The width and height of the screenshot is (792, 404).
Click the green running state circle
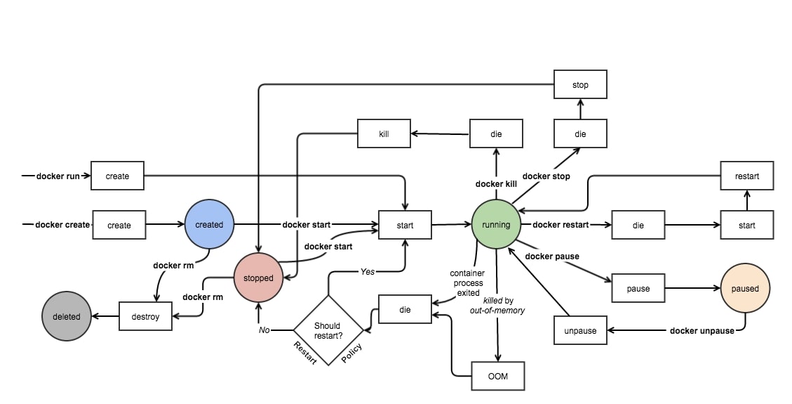click(x=497, y=225)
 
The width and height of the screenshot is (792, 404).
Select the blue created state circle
click(x=209, y=225)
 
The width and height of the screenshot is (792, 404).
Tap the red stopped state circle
click(x=258, y=278)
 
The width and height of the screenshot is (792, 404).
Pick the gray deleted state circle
click(x=67, y=316)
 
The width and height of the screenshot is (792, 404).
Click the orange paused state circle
click(x=746, y=288)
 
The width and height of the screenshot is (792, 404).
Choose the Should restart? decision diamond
click(x=328, y=330)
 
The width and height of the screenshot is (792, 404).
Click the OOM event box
click(x=497, y=376)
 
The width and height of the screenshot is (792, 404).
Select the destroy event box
click(x=145, y=316)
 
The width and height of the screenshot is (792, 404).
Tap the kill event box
click(x=384, y=133)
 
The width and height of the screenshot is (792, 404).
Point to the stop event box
click(x=580, y=85)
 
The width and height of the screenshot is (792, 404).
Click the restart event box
click(x=747, y=176)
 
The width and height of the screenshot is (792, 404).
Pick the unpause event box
click(x=580, y=330)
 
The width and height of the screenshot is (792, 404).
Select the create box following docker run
click(x=117, y=176)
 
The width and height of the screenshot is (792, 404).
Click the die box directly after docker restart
click(x=638, y=225)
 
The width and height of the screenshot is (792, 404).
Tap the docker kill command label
click(x=496, y=184)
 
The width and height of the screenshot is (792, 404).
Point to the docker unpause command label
click(x=702, y=330)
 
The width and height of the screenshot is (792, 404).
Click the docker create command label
click(x=62, y=225)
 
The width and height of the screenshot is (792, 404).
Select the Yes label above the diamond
click(x=368, y=271)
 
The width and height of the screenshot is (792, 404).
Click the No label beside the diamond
click(x=264, y=330)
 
